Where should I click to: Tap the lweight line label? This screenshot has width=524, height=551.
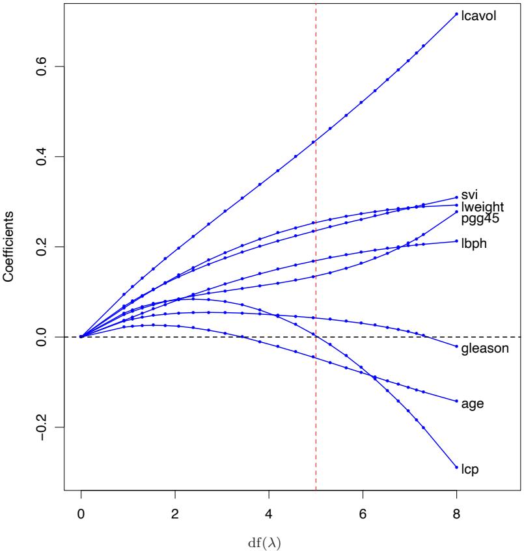(482, 208)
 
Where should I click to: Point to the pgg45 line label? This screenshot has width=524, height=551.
(480, 219)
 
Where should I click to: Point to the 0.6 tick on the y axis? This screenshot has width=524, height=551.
(41, 66)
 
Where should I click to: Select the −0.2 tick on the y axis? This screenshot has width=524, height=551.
(41, 427)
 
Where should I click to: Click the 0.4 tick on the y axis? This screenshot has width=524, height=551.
(41, 157)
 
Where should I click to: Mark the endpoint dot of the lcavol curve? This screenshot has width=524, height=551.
(456, 14)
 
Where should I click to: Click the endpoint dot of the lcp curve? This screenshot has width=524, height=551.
(456, 467)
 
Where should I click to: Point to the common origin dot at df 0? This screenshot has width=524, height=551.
(81, 336)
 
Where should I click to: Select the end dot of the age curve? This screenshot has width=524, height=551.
(456, 401)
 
